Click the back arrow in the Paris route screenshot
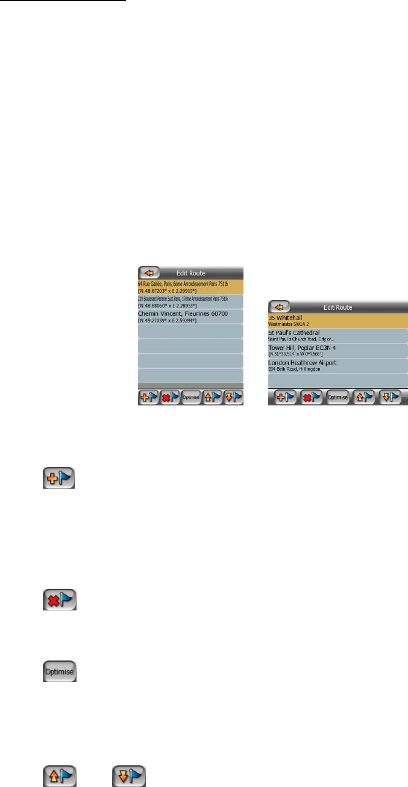(148, 272)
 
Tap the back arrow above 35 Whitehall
(278, 307)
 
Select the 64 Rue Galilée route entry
(190, 286)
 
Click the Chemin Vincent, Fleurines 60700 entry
(190, 316)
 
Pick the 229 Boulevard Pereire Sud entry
(190, 301)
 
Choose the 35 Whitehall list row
(337, 321)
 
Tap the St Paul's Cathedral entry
(337, 336)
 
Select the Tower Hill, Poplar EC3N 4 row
(337, 351)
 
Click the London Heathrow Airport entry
(337, 366)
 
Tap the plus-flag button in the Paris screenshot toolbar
(148, 398)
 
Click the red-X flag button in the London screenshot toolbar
(311, 397)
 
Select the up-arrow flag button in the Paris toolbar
(212, 398)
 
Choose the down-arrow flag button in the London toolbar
(390, 397)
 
